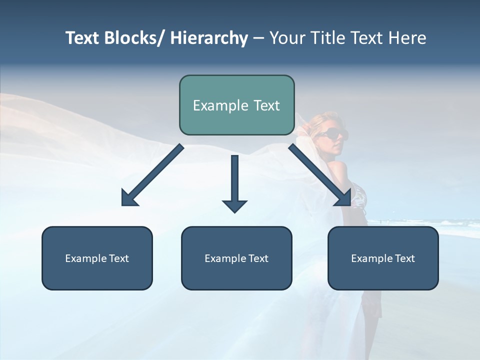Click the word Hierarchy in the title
click(209, 38)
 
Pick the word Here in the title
click(407, 38)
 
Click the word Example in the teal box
click(217, 106)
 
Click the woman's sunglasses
click(331, 133)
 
